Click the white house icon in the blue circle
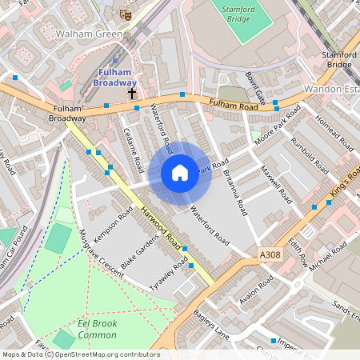[180, 172]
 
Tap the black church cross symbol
[132, 94]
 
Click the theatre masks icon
[124, 14]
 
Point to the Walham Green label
[89, 34]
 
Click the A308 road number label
[270, 254]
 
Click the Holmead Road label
[334, 132]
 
